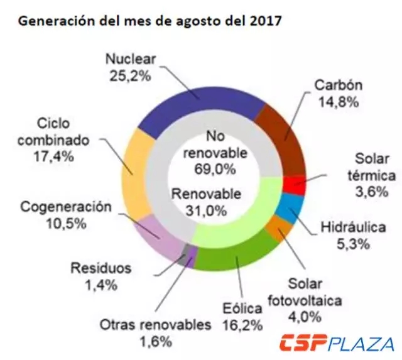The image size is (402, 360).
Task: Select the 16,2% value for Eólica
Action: point(241,324)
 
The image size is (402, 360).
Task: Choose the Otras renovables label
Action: point(155,325)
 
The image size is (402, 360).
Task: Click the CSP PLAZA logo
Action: point(337,344)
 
